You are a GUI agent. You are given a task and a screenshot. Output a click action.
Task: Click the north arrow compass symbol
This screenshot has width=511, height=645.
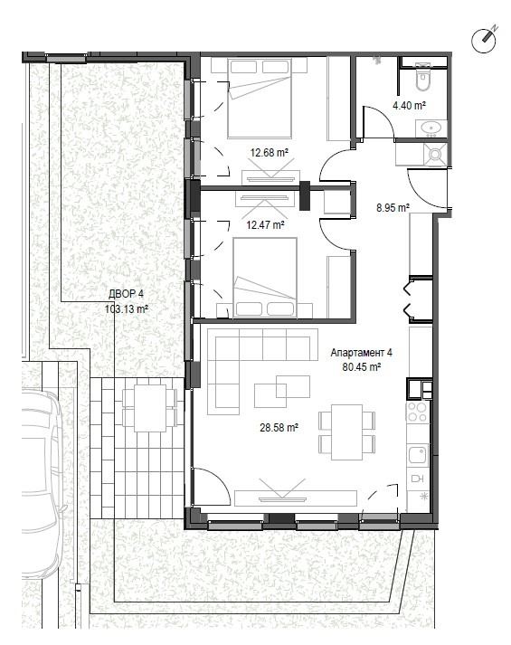click(484, 40)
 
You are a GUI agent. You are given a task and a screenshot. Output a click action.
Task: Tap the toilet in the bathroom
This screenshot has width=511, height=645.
click(422, 77)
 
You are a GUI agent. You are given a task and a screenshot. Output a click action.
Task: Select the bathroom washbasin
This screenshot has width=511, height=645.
click(431, 128)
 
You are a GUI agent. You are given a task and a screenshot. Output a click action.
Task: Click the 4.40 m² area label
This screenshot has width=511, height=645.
click(409, 105)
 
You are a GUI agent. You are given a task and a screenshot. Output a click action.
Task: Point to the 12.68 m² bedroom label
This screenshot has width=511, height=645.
click(270, 153)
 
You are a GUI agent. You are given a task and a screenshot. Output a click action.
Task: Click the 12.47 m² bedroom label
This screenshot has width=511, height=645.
click(265, 225)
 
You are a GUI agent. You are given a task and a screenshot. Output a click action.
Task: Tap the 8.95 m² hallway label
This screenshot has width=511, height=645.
click(393, 207)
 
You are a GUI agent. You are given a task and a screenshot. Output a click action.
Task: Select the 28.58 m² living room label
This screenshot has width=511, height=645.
click(279, 428)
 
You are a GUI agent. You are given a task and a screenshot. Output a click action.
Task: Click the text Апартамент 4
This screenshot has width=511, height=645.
click(362, 353)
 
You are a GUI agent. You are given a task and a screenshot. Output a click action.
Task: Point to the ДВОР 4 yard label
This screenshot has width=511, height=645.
click(127, 294)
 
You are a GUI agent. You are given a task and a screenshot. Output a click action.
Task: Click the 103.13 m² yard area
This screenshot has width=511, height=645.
click(127, 308)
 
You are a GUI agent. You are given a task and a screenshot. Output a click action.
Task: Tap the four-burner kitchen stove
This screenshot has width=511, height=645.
click(417, 412)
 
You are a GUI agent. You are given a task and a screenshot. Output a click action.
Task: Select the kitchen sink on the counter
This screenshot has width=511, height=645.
click(418, 455)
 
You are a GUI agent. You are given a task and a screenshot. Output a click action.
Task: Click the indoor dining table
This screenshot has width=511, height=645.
click(347, 432)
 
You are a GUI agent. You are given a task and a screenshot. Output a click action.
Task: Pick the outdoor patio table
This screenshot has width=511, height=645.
click(150, 408)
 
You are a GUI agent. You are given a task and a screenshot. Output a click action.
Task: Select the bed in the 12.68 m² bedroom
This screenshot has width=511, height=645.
click(260, 98)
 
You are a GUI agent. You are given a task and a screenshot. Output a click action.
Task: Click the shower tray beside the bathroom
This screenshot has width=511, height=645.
click(435, 155)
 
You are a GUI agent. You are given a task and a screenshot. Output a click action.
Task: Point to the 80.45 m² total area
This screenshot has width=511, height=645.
click(362, 367)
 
